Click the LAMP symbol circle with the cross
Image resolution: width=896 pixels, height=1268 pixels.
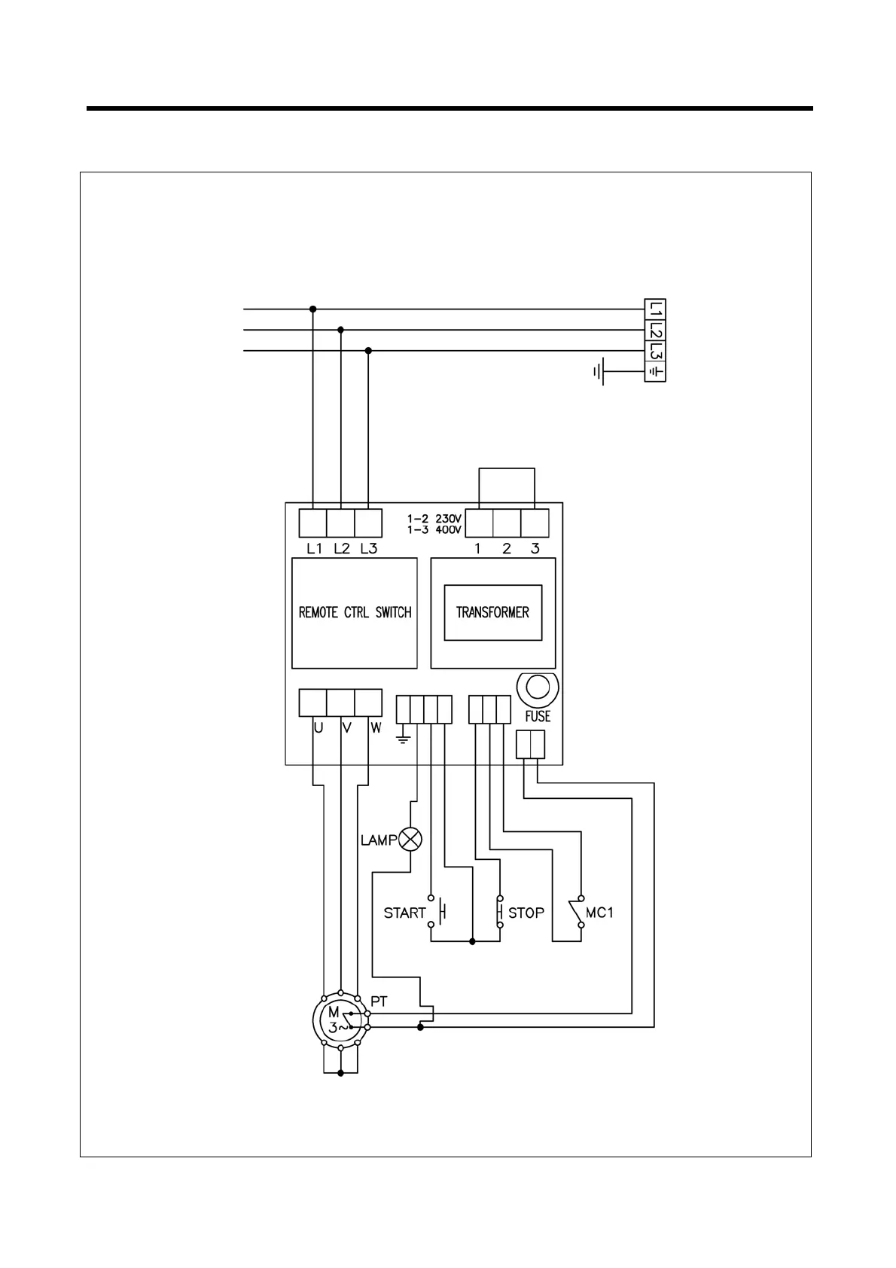point(410,839)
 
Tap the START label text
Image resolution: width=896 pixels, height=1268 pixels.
point(404,913)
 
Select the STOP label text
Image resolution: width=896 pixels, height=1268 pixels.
point(526,913)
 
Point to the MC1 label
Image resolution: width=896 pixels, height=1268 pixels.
point(599,913)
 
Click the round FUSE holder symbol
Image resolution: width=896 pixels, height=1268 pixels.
point(538,687)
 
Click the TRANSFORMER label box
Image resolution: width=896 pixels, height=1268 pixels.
point(492,612)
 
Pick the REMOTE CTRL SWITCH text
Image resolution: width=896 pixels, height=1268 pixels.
point(355,612)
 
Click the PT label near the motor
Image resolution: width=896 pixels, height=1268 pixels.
point(379,1001)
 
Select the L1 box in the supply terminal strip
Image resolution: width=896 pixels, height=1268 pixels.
point(656,309)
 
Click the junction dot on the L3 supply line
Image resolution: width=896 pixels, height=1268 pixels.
point(368,351)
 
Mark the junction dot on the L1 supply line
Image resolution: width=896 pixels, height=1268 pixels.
point(313,309)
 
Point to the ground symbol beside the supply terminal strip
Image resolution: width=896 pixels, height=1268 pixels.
point(599,371)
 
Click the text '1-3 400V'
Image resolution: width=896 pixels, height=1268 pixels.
point(434,530)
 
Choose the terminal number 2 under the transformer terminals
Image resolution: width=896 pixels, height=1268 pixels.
point(506,548)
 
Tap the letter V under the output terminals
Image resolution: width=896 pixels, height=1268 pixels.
point(347,728)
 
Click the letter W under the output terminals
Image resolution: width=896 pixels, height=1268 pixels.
point(376,728)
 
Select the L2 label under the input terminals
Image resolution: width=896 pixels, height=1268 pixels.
point(342,548)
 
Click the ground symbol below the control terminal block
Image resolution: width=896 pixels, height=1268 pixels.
point(404,737)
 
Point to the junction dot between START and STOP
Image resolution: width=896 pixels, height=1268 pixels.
point(472,941)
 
